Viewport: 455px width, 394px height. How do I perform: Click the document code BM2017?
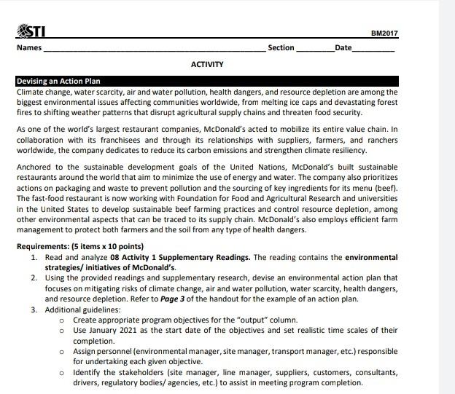[x=384, y=34]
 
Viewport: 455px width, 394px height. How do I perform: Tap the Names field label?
[x=29, y=48]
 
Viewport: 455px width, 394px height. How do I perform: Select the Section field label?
[x=281, y=48]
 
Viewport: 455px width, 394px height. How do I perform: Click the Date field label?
[x=342, y=48]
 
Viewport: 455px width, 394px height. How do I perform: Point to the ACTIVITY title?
[x=207, y=65]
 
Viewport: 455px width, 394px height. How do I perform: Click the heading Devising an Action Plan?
[x=58, y=82]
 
